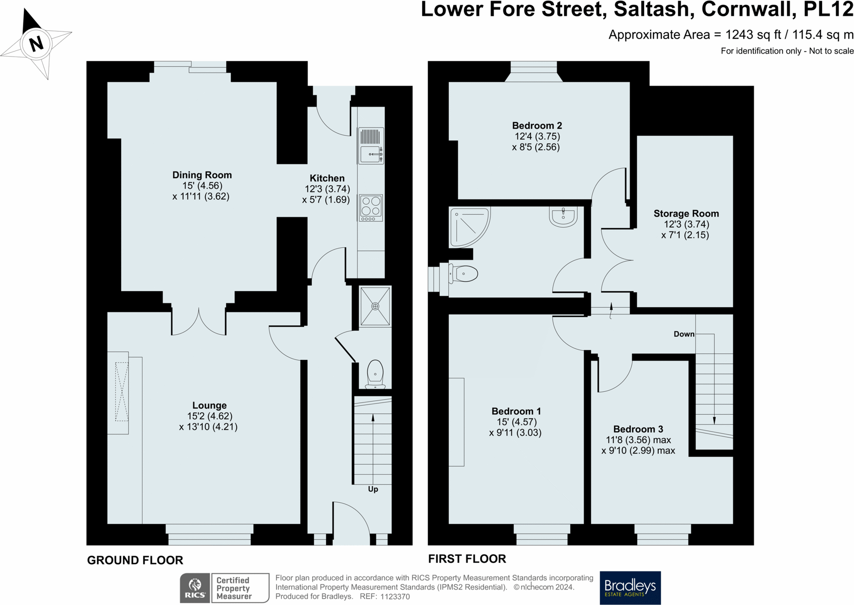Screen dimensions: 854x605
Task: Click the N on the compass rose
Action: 36,44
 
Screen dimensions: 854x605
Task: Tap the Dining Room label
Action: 202,175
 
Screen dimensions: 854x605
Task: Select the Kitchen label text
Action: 327,178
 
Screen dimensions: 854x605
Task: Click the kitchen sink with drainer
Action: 371,146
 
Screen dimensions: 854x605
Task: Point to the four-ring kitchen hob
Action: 371,208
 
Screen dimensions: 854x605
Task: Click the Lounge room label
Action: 209,405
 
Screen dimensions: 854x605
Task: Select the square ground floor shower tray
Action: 375,306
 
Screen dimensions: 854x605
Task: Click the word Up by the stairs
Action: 373,489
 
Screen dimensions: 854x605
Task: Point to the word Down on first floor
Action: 684,334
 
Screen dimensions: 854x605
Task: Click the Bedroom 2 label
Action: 537,125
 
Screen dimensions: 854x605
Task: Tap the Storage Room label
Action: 686,214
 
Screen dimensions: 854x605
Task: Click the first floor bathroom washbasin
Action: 563,217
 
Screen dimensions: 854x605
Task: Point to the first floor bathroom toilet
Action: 463,274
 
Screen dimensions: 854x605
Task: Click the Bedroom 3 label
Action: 638,429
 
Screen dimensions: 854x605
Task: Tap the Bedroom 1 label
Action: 516,411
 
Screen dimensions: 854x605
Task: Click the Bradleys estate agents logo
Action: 630,588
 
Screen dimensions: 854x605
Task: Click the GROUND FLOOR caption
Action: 135,560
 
